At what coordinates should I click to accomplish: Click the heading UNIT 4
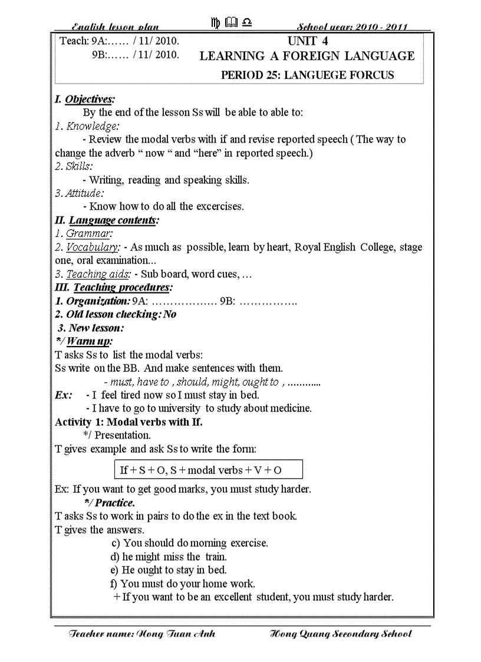pos(307,41)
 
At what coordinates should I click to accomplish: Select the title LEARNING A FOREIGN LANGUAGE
pos(307,57)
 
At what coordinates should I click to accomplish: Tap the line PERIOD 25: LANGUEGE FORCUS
pos(307,75)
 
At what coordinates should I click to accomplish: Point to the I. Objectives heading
pos(84,99)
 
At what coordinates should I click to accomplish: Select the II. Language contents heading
pos(107,220)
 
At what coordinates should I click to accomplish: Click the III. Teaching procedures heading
pos(114,288)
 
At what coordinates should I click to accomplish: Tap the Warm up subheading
pos(84,341)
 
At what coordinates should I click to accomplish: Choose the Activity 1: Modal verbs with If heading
pos(129,422)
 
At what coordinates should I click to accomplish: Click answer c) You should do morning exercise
pos(189,543)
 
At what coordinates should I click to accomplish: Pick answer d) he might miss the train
pos(169,556)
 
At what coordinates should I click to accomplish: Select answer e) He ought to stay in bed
pos(168,570)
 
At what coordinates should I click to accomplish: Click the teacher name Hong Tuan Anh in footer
pos(142,634)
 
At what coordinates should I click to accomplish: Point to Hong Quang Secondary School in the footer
pos(340,634)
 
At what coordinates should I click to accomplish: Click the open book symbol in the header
pos(231,23)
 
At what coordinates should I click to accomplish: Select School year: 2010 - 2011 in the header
pos(352,27)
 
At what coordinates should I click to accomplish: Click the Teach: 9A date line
pos(120,41)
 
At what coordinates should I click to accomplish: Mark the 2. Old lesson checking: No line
pos(116,314)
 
